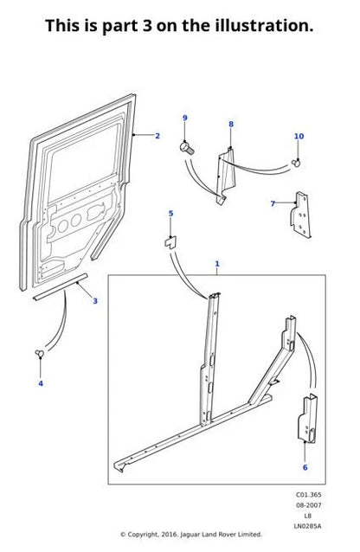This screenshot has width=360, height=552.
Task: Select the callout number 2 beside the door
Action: click(157, 137)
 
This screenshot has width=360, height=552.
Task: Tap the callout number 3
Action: click(95, 300)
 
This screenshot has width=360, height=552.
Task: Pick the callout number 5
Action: click(170, 213)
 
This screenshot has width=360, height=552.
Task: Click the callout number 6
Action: click(305, 467)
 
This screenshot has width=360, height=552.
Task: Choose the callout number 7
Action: click(273, 203)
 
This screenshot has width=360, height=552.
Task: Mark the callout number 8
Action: click(231, 125)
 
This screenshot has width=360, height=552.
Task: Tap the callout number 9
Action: click(184, 118)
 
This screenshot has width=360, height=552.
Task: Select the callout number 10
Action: click(299, 136)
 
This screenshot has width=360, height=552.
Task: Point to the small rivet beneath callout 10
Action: click(296, 161)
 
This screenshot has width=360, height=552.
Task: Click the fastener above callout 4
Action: click(40, 352)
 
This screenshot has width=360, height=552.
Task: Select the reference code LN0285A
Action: click(309, 526)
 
